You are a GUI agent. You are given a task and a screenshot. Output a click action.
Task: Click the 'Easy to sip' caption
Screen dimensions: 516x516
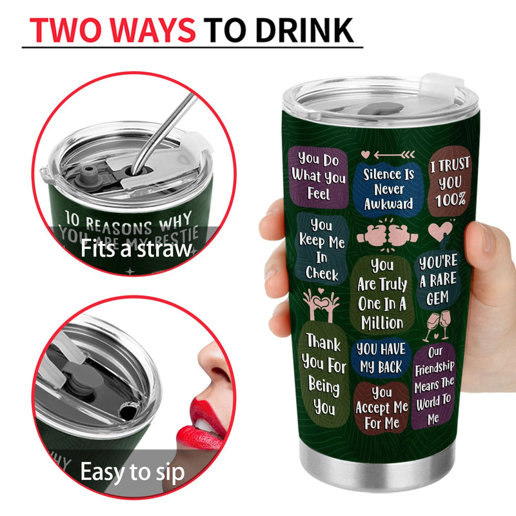click(132, 472)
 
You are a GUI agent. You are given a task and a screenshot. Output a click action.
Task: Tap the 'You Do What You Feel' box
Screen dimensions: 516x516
click(318, 175)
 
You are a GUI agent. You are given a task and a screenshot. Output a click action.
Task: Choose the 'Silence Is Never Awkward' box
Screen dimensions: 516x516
click(388, 188)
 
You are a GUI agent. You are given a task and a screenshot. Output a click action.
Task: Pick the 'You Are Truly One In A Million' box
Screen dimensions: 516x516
click(382, 293)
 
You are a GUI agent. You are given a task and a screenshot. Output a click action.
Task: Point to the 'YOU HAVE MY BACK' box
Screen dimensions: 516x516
click(381, 359)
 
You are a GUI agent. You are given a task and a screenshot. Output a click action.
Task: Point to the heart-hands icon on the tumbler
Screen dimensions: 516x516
click(320, 304)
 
